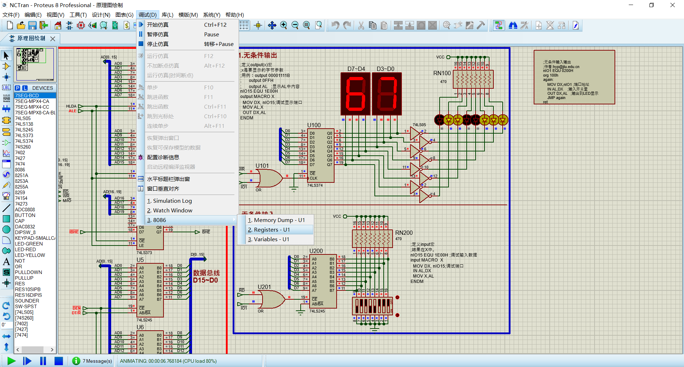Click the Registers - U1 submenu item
(269, 230)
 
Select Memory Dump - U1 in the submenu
(276, 220)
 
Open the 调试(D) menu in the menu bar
(147, 15)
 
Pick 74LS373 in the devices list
(24, 135)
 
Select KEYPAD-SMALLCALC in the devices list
(35, 238)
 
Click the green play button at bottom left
(11, 361)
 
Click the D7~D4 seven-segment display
(355, 94)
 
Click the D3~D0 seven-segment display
(387, 94)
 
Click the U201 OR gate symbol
(271, 299)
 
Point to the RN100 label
(442, 73)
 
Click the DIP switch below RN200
(372, 306)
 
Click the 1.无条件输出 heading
(258, 55)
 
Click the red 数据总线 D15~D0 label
(206, 276)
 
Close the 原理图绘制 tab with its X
(53, 38)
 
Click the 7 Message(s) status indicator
(93, 361)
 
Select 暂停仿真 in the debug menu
(158, 35)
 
